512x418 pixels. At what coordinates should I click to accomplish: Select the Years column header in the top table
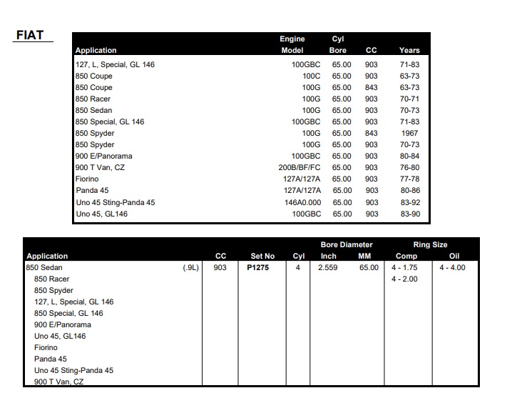(x=409, y=50)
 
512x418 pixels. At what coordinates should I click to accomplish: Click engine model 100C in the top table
(x=311, y=76)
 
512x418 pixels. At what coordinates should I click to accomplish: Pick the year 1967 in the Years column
(x=409, y=133)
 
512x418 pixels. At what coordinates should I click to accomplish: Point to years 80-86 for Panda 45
(x=410, y=191)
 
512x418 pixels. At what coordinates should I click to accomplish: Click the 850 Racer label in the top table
(x=93, y=99)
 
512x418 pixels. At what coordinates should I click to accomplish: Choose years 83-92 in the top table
(x=410, y=202)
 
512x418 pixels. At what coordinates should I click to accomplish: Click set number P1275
(x=257, y=267)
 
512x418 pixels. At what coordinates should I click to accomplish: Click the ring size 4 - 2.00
(x=404, y=279)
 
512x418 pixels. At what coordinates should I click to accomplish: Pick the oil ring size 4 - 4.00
(x=452, y=267)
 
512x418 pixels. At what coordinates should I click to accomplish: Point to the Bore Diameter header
(x=347, y=244)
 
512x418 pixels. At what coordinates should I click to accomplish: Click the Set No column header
(x=262, y=256)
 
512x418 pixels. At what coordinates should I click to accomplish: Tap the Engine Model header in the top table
(x=292, y=44)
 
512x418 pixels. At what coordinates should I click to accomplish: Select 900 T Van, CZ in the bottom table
(x=58, y=382)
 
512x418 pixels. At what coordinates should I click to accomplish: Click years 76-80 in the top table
(x=410, y=167)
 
